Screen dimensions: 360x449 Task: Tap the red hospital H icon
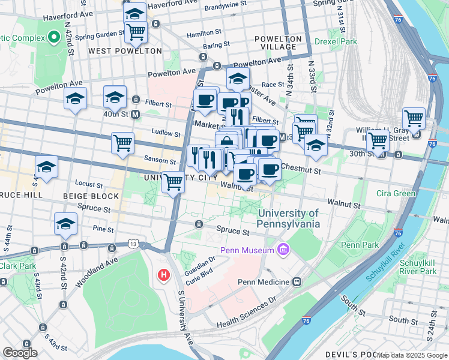(x=163, y=275)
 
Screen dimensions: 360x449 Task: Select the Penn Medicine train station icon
(x=297, y=281)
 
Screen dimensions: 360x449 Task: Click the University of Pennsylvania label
(x=289, y=218)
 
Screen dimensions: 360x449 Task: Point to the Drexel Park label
(x=337, y=41)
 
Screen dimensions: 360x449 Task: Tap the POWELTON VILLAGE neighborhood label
(x=276, y=43)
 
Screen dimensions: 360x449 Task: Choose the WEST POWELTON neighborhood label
(x=125, y=52)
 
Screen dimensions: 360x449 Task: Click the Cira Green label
(x=396, y=193)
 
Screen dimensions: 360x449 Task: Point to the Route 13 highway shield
(x=133, y=244)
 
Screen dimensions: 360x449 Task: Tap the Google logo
(x=20, y=353)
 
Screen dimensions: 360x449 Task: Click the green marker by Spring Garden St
(x=53, y=38)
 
